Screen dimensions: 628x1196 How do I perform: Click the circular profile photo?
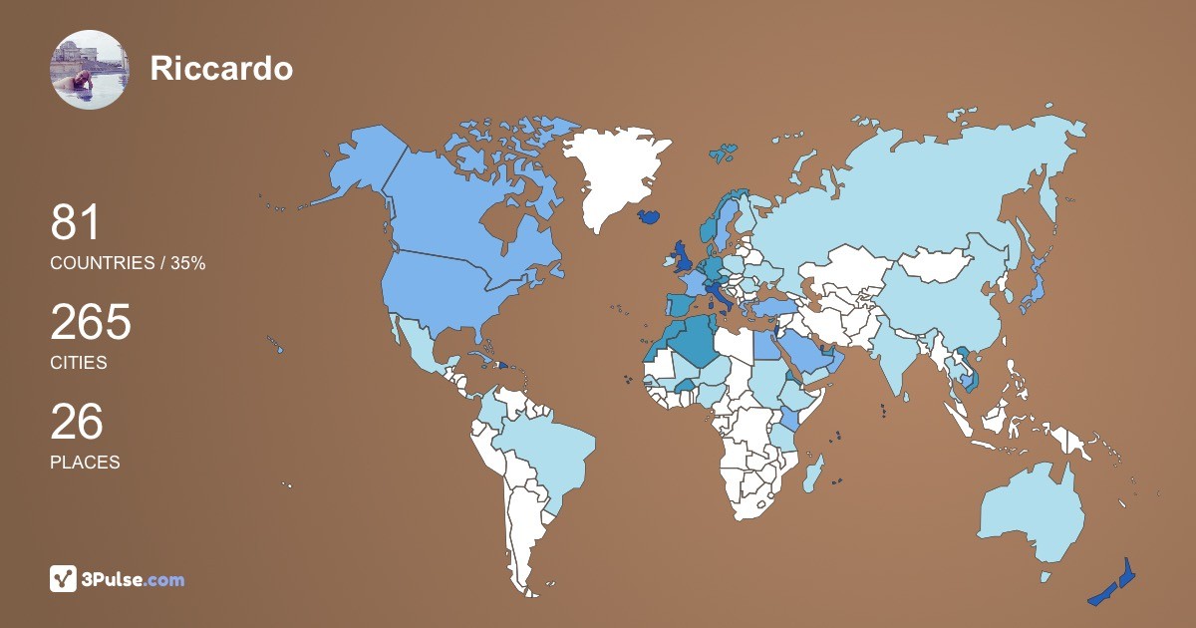(89, 69)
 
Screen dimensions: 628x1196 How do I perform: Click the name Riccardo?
(221, 68)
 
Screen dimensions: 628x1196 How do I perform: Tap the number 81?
(76, 222)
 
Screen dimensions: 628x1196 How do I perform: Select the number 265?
(91, 322)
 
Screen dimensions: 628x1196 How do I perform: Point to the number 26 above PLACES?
(77, 422)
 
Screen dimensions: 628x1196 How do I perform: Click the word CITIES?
(79, 363)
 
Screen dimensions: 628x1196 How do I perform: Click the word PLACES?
(85, 463)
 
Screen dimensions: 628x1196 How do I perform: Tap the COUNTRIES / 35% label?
(128, 263)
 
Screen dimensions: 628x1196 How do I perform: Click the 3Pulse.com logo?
(118, 579)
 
